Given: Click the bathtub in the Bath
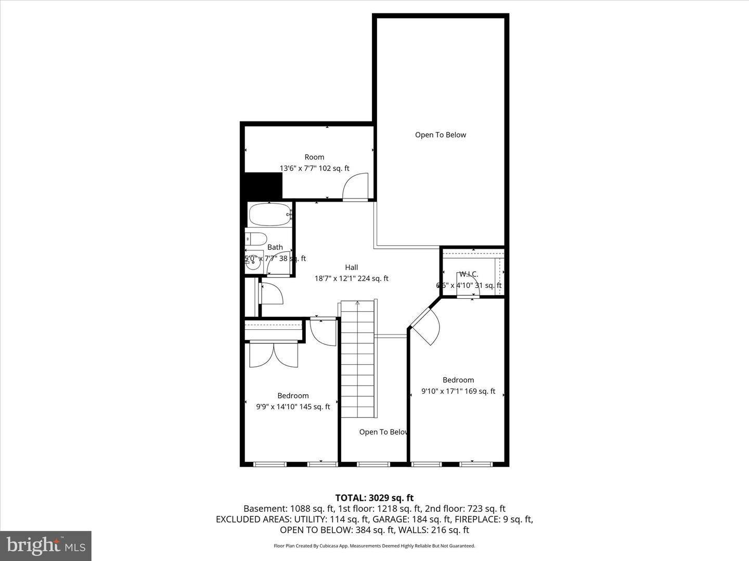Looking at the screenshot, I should click(269, 214).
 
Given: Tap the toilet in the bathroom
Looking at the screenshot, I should click(255, 239).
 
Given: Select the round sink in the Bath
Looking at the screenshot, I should click(253, 263).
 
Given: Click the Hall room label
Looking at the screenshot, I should click(352, 268).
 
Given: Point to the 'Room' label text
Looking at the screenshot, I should click(314, 157).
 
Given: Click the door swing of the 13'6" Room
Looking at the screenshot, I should click(356, 187).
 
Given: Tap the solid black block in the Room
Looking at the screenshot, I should click(263, 185).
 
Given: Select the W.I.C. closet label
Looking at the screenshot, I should click(468, 274).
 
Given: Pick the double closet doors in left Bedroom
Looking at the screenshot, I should click(273, 355).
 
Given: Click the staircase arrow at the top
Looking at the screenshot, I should click(357, 302).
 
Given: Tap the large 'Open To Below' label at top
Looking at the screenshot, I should click(441, 135).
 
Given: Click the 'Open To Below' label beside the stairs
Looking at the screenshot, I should click(383, 432).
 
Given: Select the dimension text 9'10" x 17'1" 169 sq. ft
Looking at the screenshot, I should click(458, 392).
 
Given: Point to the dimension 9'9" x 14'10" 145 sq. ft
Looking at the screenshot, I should click(293, 407).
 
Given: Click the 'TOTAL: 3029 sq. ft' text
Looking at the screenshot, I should click(374, 498).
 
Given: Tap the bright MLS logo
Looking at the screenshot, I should click(46, 545).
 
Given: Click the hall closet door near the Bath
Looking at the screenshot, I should click(272, 293).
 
